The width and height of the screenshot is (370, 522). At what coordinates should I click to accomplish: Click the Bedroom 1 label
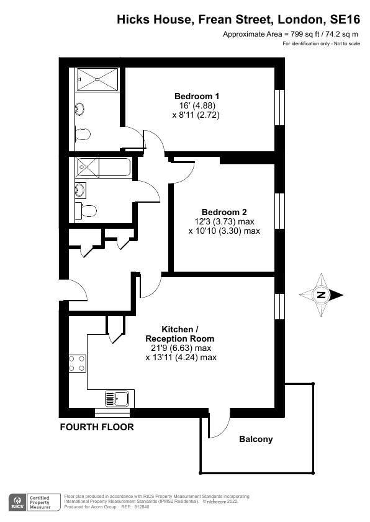click(196, 96)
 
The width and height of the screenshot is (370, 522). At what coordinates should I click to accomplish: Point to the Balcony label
click(256, 440)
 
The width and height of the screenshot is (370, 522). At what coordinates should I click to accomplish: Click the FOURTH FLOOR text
click(96, 427)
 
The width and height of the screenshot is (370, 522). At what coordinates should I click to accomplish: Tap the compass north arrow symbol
click(321, 295)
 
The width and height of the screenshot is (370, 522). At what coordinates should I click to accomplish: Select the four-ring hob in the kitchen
click(77, 363)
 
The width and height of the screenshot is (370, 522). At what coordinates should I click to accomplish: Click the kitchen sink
click(117, 398)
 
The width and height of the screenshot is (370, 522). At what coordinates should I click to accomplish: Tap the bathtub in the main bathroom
click(102, 167)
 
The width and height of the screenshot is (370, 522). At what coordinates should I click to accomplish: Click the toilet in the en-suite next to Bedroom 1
click(83, 134)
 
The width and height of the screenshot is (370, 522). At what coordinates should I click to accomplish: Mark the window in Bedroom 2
click(279, 211)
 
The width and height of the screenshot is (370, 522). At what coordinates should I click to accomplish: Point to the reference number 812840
click(141, 507)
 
